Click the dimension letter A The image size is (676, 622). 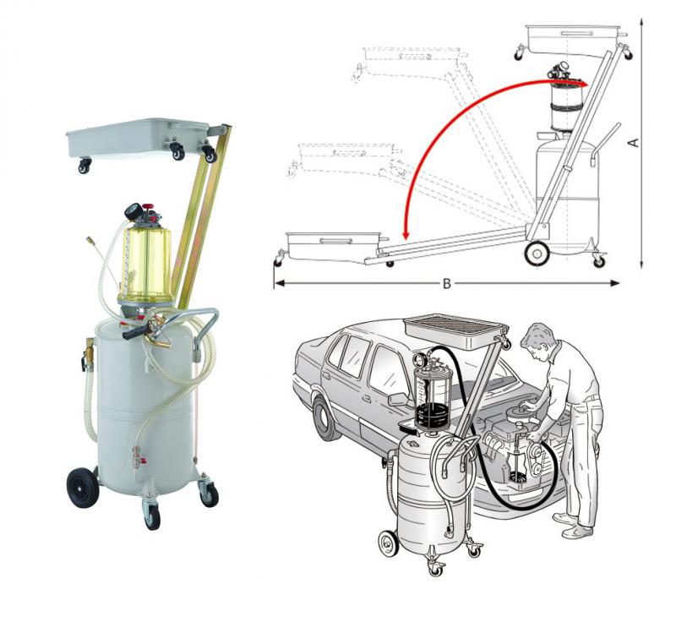point(635,142)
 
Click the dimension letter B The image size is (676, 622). point(447,284)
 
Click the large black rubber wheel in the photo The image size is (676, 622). point(82,488)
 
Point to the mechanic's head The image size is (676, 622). point(537,339)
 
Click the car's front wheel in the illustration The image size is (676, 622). point(327,418)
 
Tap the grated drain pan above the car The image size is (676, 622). point(455,333)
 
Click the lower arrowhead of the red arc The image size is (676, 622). point(405,234)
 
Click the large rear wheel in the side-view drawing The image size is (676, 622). point(537,254)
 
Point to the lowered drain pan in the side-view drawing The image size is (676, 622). point(334,246)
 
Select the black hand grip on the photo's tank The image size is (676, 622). point(136,332)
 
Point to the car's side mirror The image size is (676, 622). point(398,400)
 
